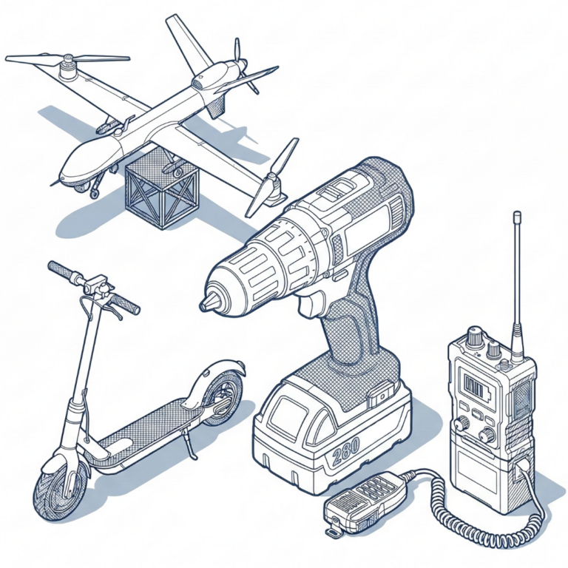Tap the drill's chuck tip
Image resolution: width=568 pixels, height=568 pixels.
202,306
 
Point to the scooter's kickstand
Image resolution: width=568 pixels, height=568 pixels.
191,443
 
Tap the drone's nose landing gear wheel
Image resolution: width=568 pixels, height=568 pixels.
94,193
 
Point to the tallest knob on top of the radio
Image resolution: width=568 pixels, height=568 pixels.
474,336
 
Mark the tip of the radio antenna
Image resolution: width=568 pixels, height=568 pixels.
517,213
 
